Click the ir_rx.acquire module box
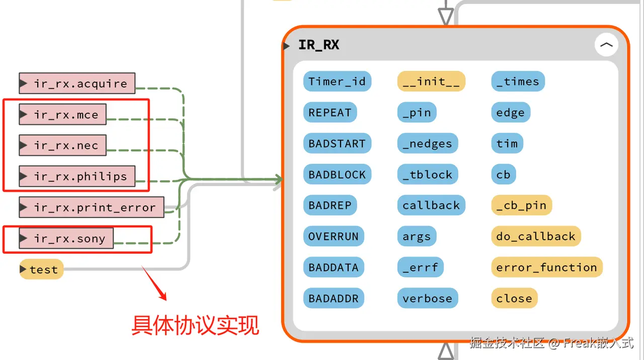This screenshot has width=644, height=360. (x=77, y=83)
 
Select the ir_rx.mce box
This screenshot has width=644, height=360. (x=63, y=114)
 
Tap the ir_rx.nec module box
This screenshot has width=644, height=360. (x=63, y=145)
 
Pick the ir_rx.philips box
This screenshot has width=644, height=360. (x=77, y=176)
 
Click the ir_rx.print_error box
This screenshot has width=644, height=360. (x=92, y=207)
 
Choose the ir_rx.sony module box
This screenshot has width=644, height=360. (x=66, y=238)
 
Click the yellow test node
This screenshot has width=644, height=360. (x=41, y=269)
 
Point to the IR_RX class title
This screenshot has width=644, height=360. (x=318, y=45)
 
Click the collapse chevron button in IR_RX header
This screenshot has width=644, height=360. (x=606, y=45)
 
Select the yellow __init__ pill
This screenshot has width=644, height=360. (x=431, y=82)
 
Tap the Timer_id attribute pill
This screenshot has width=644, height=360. (x=337, y=82)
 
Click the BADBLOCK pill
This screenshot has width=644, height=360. (x=337, y=174)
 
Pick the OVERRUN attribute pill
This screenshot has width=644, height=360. (x=334, y=236)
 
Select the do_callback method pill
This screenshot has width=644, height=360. (x=536, y=236)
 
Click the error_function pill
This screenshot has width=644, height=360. (x=547, y=267)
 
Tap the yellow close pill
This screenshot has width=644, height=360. (x=514, y=299)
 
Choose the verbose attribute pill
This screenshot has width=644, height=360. (x=428, y=299)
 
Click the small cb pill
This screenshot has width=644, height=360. (x=504, y=174)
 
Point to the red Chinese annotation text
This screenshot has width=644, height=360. (x=195, y=325)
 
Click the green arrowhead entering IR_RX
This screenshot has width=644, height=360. (x=279, y=179)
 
